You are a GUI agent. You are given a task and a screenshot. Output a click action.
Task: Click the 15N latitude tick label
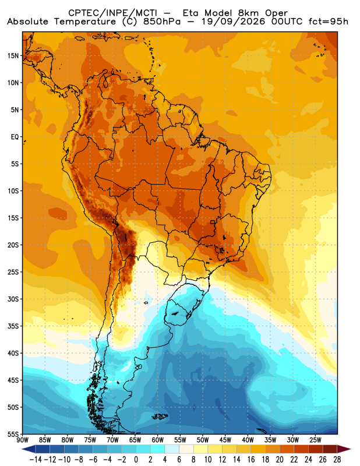[13, 56]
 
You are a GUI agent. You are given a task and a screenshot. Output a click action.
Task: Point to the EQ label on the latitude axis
[15, 137]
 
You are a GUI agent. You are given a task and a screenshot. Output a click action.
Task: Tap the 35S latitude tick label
[13, 326]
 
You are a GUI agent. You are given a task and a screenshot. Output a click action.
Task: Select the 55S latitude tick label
[13, 435]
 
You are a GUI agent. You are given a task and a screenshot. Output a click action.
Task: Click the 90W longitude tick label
[23, 440]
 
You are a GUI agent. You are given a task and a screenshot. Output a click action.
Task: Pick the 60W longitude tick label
[157, 440]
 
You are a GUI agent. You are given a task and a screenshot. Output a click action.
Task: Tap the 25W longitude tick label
[315, 440]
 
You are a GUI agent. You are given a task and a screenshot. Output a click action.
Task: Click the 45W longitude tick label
[225, 440]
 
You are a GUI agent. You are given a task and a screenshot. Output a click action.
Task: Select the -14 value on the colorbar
[36, 460]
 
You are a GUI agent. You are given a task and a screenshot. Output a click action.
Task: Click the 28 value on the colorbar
[337, 460]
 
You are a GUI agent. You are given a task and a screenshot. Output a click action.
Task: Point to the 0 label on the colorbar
[136, 460]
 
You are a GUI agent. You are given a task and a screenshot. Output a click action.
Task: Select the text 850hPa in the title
[163, 22]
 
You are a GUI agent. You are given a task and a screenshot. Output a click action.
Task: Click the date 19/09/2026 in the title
[233, 22]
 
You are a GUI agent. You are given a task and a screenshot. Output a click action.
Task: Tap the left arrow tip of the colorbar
[22, 449]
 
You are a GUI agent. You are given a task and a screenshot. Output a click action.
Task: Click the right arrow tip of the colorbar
[351, 449]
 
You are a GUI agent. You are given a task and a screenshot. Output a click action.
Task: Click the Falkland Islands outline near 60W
[160, 416]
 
